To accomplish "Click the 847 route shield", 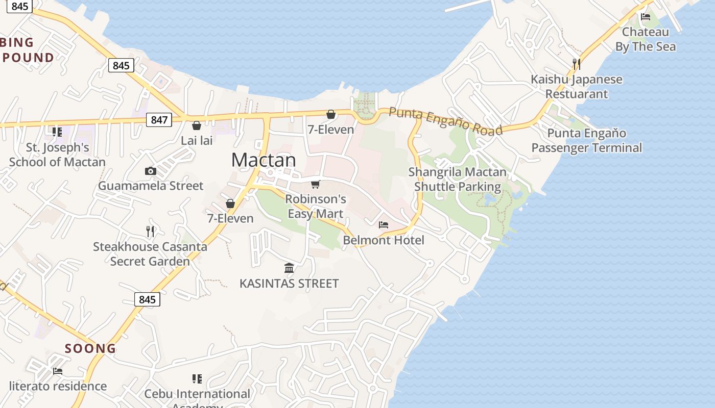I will click(x=159, y=120).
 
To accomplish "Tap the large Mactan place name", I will click(x=264, y=160).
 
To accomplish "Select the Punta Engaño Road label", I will click(x=445, y=121).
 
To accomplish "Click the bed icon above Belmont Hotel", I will click(x=384, y=225).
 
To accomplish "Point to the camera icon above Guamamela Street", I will click(x=150, y=171).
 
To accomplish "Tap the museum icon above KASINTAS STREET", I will click(x=289, y=268).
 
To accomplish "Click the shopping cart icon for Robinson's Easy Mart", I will click(x=316, y=184).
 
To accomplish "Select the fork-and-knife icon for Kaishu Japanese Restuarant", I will click(x=576, y=64).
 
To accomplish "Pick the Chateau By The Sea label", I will click(x=645, y=39).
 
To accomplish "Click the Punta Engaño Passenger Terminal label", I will click(x=586, y=140).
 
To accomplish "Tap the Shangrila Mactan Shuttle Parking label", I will click(x=458, y=179).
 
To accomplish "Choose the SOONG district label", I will click(x=90, y=348).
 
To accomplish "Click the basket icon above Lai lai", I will click(x=197, y=125).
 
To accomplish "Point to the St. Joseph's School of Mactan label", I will click(x=57, y=155).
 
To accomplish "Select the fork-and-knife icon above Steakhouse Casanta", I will click(x=150, y=232).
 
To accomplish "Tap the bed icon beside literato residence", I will click(x=58, y=371).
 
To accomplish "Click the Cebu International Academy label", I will click(x=197, y=395).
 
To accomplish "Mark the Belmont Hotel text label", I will click(x=384, y=240).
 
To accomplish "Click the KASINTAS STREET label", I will click(x=289, y=284).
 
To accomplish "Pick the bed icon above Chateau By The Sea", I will click(x=646, y=17).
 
